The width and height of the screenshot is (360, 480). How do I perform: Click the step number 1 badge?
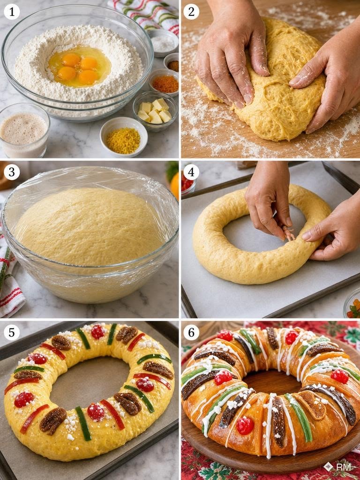click(12, 12)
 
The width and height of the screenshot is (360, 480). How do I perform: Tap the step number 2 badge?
click(191, 12)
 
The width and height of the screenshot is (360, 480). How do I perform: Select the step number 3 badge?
click(12, 172)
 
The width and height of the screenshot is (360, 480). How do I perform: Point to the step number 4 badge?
click(191, 172)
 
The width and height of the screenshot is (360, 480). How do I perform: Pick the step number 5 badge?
click(12, 333)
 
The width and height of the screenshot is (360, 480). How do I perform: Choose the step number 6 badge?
click(191, 333)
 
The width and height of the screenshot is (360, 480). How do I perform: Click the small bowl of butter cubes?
click(155, 111)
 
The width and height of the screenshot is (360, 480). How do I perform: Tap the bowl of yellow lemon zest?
click(123, 137)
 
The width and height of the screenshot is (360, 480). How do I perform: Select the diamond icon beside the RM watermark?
click(329, 466)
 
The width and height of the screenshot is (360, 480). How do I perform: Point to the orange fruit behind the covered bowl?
click(175, 186)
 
